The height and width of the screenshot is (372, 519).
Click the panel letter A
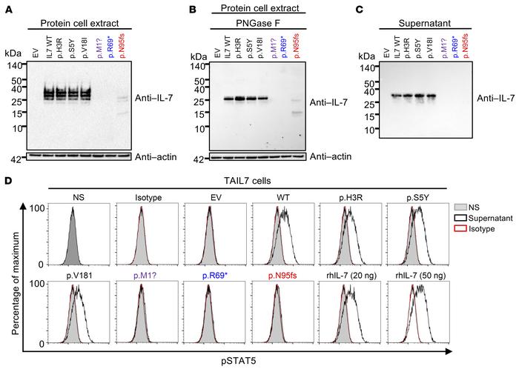tap(7, 7)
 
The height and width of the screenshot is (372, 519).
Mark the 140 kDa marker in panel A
tap(16, 65)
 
